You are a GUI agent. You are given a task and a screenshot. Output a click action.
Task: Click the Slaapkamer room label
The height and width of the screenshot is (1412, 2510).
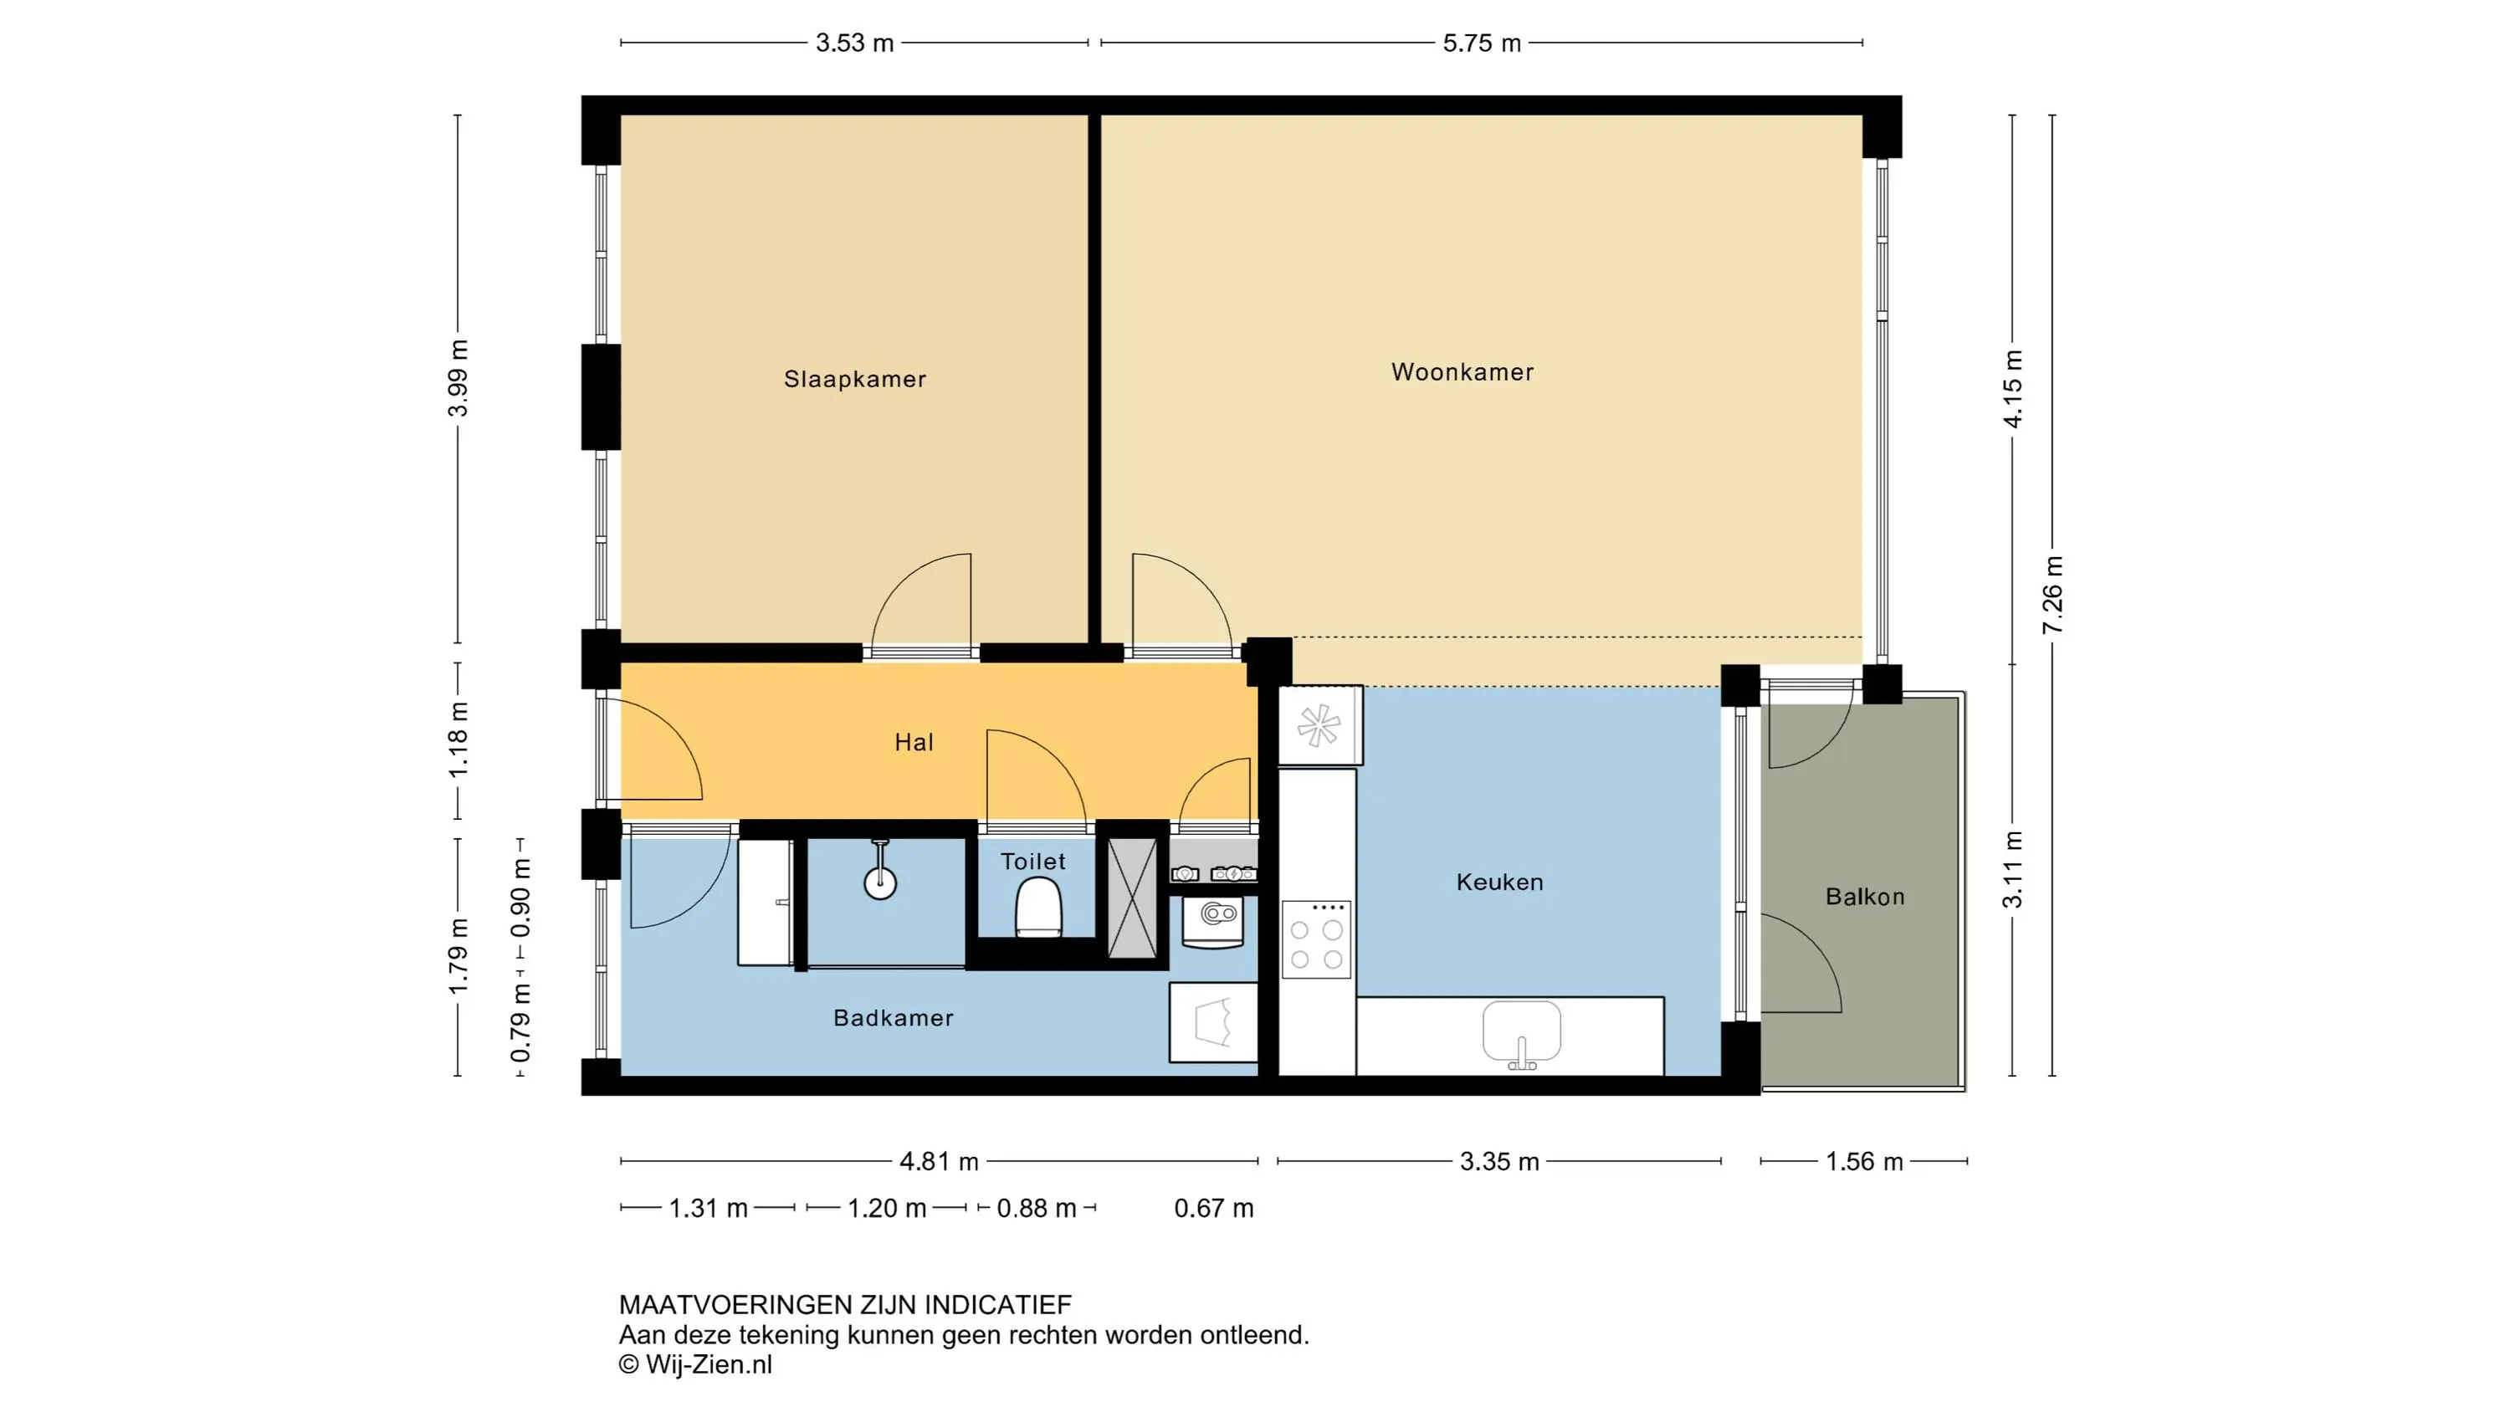click(x=854, y=379)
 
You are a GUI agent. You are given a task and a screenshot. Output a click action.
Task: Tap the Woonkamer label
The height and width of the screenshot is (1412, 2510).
click(x=1462, y=372)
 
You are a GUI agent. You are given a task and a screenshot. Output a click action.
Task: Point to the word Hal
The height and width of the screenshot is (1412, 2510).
click(x=914, y=743)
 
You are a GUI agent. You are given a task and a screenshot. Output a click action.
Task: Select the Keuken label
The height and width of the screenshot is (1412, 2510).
click(x=1499, y=882)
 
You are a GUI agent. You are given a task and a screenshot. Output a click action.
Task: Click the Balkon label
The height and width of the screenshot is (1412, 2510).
click(x=1865, y=897)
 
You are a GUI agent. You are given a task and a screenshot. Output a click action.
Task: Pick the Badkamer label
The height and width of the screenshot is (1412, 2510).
click(x=894, y=1017)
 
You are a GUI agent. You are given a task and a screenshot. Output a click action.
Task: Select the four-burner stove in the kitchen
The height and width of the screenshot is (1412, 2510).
click(x=1316, y=939)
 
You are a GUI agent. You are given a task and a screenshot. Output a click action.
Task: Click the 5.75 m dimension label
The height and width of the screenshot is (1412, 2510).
click(x=1482, y=43)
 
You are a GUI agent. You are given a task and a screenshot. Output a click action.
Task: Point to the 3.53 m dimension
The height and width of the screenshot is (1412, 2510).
click(x=854, y=43)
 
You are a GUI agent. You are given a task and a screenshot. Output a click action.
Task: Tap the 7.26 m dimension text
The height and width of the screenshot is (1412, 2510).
click(x=2052, y=596)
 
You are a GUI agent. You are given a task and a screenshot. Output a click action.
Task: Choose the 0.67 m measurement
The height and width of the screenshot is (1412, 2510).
click(x=1214, y=1209)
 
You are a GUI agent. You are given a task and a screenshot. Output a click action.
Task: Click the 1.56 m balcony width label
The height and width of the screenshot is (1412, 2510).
click(x=1864, y=1162)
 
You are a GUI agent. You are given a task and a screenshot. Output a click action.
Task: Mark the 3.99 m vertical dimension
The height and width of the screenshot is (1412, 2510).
click(x=458, y=378)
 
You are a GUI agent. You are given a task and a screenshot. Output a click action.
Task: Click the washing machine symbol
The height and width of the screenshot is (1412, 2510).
click(x=1213, y=922)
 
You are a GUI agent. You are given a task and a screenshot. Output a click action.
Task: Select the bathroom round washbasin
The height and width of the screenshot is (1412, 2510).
click(x=880, y=882)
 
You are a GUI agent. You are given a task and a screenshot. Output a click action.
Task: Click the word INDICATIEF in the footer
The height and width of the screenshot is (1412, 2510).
click(x=998, y=1305)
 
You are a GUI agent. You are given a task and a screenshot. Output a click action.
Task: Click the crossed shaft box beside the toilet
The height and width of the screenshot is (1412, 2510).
click(x=1132, y=898)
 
